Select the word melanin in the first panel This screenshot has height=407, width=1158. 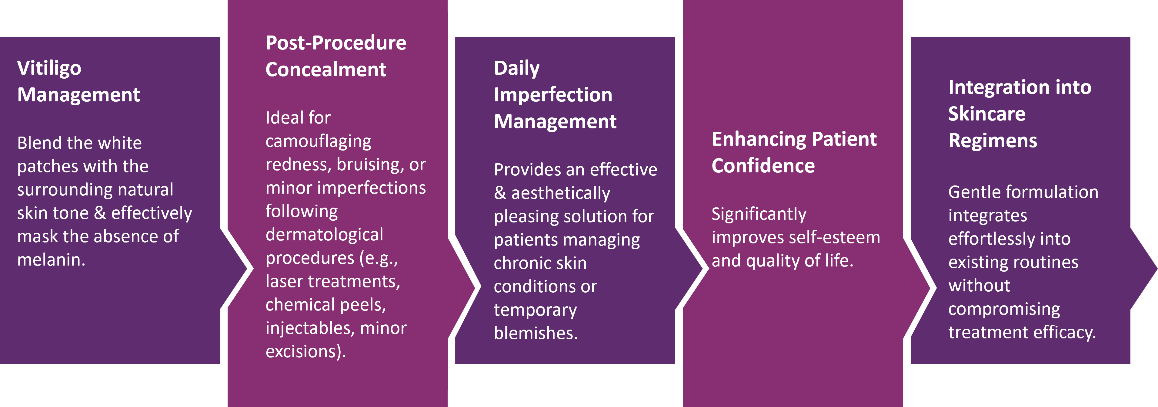49,260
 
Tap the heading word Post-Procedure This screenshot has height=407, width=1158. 336,43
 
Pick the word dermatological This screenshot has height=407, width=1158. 324,235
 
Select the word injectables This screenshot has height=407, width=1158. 310,328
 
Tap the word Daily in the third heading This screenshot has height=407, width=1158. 516,69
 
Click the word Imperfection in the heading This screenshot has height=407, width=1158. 553,95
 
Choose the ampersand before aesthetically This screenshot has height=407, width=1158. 500,193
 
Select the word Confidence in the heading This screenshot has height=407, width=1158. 763,166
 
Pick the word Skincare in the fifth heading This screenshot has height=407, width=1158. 987,114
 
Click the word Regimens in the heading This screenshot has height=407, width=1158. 993,141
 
